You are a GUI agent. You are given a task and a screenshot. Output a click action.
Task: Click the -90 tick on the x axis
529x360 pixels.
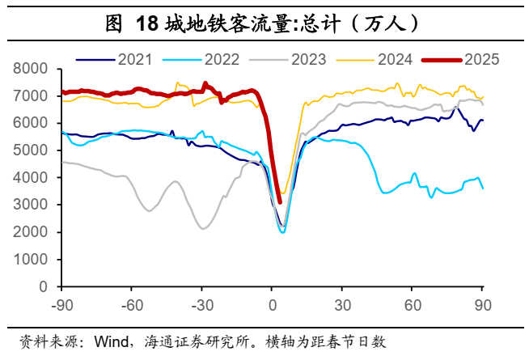(62, 305)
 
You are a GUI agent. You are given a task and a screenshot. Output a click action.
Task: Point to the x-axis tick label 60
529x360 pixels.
(412, 305)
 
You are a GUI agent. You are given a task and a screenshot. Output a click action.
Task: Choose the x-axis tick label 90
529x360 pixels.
(482, 305)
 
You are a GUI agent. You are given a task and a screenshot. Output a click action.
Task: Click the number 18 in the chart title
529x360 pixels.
(147, 24)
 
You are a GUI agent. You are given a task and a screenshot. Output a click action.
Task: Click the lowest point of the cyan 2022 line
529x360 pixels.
(283, 232)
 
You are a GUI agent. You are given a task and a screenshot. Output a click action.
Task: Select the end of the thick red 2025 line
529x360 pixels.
(279, 202)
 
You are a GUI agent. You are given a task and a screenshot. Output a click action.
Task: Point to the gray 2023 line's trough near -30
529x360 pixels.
(203, 228)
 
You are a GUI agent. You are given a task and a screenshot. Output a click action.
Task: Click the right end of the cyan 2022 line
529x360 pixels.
(483, 188)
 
